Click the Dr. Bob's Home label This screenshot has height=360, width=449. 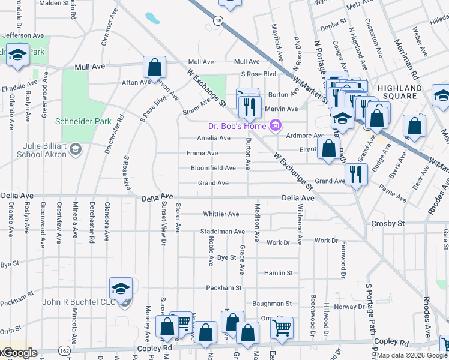pyautogui.click(x=237, y=125)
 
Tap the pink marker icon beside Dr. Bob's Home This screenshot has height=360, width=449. pyautogui.click(x=275, y=125)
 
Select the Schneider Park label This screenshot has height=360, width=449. pyautogui.click(x=83, y=121)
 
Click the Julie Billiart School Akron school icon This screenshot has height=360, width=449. pyautogui.click(x=75, y=148)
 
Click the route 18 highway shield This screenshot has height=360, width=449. pyautogui.click(x=217, y=20)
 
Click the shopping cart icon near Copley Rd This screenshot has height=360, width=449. pyautogui.click(x=281, y=328)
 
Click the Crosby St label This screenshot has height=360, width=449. pyautogui.click(x=387, y=223)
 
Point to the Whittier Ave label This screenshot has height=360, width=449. pyautogui.click(x=221, y=214)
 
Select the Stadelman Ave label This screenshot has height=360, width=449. pyautogui.click(x=223, y=231)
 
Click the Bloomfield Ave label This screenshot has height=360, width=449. pyautogui.click(x=213, y=168)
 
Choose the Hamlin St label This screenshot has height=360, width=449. pyautogui.click(x=278, y=272)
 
